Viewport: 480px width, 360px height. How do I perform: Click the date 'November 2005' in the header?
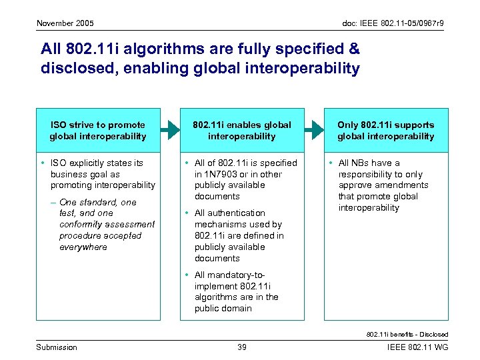(65, 23)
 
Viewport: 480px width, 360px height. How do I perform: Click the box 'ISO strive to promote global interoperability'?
(97, 130)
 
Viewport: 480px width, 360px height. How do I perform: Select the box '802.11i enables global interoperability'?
(241, 130)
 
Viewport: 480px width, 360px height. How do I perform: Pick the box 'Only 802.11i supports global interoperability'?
(385, 130)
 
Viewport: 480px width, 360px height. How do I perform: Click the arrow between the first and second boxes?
(169, 129)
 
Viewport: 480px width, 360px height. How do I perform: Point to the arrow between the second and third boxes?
(313, 129)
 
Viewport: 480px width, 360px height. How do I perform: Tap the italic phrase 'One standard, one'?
(97, 202)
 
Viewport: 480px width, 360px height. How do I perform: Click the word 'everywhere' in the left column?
(83, 247)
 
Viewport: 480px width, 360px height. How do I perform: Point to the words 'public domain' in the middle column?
(223, 308)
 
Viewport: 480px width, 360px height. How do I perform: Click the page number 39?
(243, 347)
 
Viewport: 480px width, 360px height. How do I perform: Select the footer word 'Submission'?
(57, 347)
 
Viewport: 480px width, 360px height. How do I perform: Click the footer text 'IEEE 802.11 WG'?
(417, 347)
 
